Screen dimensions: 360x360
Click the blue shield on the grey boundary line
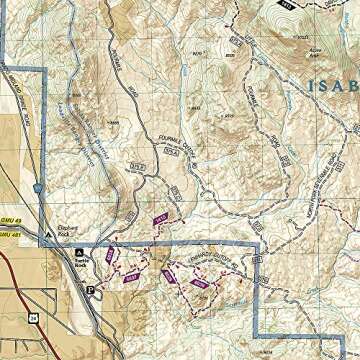(36, 188)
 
